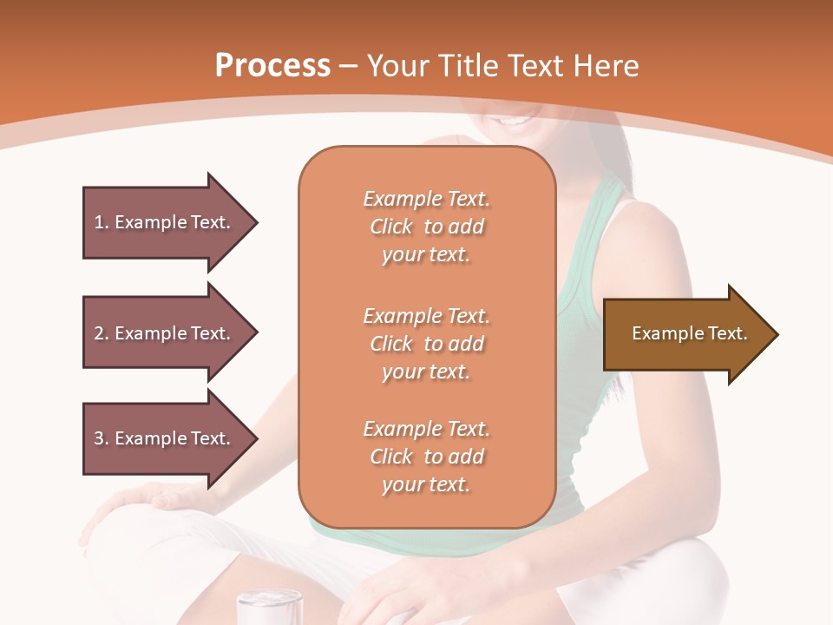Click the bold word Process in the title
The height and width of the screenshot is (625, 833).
272,66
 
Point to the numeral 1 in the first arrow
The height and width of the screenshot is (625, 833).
99,222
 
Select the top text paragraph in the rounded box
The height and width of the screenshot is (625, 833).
426,227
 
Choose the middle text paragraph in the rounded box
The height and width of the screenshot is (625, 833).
426,344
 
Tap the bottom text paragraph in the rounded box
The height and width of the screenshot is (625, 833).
426,457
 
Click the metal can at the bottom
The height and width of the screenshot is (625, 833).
269,607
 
